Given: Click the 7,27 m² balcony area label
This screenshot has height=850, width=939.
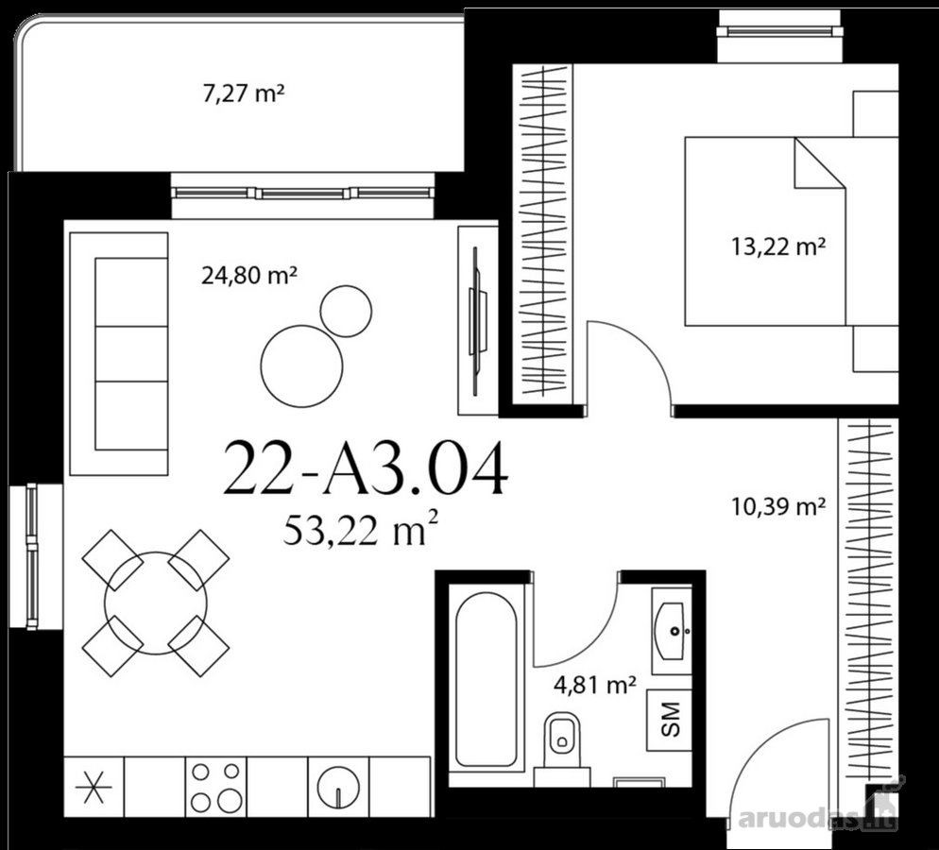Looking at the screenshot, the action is pyautogui.click(x=243, y=94).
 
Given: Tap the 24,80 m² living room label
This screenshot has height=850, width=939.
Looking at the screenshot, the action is pyautogui.click(x=249, y=276).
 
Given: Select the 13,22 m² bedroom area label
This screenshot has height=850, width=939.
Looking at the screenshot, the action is pyautogui.click(x=778, y=246).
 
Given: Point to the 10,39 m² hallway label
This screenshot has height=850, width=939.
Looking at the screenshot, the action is pyautogui.click(x=778, y=507).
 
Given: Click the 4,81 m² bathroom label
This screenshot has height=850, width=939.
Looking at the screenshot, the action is pyautogui.click(x=594, y=684).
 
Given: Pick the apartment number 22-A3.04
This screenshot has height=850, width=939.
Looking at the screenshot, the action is pyautogui.click(x=366, y=468).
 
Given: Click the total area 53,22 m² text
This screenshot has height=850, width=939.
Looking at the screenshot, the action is pyautogui.click(x=361, y=529).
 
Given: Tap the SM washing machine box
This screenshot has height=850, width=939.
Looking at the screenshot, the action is pyautogui.click(x=670, y=720).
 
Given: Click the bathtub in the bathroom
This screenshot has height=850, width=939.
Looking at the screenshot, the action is pyautogui.click(x=487, y=679).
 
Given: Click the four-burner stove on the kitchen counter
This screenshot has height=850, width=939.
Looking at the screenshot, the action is pyautogui.click(x=216, y=787).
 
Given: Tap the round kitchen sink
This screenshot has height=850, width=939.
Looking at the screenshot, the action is pyautogui.click(x=338, y=787).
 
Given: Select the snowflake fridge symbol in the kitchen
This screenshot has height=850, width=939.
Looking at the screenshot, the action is pyautogui.click(x=94, y=787).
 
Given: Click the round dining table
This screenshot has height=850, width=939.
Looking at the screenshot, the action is pyautogui.click(x=156, y=603).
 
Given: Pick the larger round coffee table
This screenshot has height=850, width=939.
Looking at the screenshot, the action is pyautogui.click(x=302, y=365).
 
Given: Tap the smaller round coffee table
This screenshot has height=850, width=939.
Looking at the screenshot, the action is pyautogui.click(x=346, y=312).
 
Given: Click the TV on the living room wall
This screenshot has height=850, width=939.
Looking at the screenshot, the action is pyautogui.click(x=477, y=321).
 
